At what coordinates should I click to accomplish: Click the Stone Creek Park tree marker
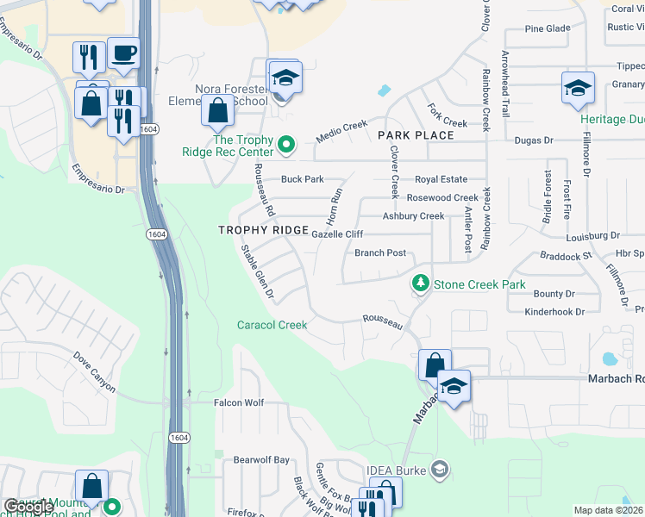click(421, 283)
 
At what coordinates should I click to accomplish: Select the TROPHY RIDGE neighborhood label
click(263, 230)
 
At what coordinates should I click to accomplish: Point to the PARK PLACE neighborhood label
click(416, 135)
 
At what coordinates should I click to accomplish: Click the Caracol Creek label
click(272, 325)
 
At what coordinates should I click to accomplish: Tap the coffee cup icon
click(123, 53)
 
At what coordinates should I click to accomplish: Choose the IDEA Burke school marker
click(440, 469)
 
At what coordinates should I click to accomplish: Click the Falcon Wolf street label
click(237, 402)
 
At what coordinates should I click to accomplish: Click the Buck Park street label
click(302, 179)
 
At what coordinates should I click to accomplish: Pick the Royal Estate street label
click(441, 179)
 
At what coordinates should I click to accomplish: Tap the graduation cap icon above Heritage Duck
click(578, 88)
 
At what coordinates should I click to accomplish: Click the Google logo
click(28, 507)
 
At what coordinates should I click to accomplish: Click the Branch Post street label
click(380, 253)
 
